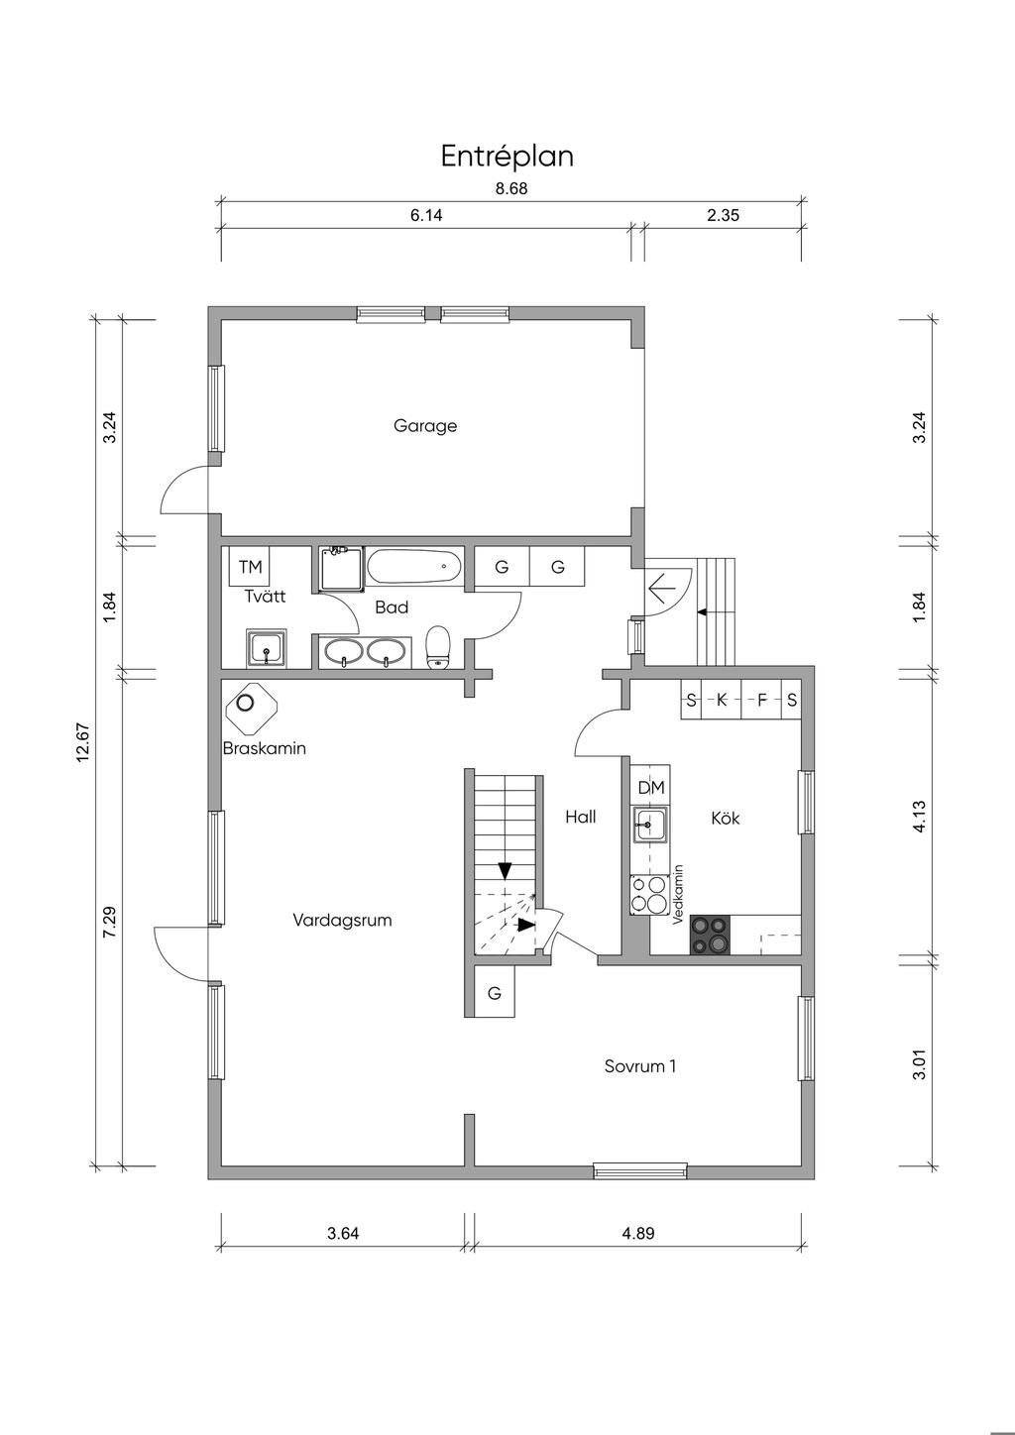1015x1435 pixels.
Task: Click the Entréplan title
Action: pyautogui.click(x=507, y=157)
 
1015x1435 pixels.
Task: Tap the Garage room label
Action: pyautogui.click(x=425, y=426)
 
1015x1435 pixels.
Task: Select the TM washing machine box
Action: pyautogui.click(x=249, y=566)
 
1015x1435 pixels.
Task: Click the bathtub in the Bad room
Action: pyautogui.click(x=414, y=566)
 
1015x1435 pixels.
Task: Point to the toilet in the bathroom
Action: pyautogui.click(x=438, y=647)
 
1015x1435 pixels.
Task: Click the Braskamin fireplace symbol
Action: pyautogui.click(x=251, y=707)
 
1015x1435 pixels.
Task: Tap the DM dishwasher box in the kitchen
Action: pyautogui.click(x=651, y=787)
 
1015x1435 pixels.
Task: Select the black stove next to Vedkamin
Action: pyautogui.click(x=710, y=935)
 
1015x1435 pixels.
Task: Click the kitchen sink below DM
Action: pyautogui.click(x=650, y=824)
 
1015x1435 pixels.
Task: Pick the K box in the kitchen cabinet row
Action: pyautogui.click(x=722, y=700)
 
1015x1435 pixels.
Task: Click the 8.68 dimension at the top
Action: pyautogui.click(x=511, y=188)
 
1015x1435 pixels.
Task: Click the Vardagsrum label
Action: pyautogui.click(x=342, y=921)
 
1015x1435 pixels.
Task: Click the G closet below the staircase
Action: pyautogui.click(x=495, y=994)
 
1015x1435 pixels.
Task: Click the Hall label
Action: pyautogui.click(x=581, y=817)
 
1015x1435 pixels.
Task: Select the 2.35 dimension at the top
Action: pyautogui.click(x=723, y=215)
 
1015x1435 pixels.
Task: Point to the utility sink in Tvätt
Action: pyautogui.click(x=266, y=648)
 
